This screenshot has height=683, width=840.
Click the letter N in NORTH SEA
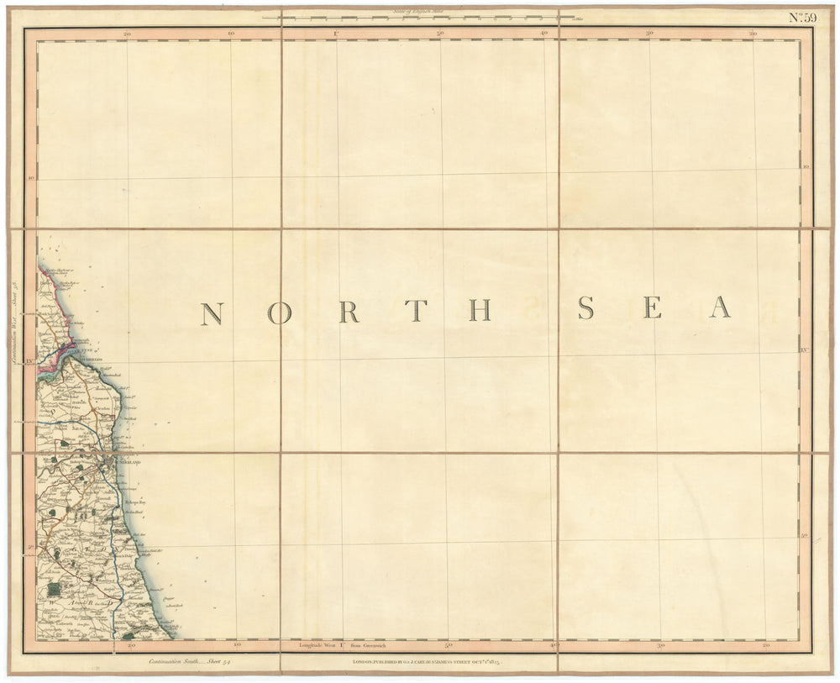(x=211, y=313)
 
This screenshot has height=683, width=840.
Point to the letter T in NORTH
(x=414, y=312)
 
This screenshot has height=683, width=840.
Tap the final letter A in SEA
(x=720, y=308)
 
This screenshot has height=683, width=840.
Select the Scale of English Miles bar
(x=418, y=15)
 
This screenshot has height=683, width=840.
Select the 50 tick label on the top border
(x=441, y=34)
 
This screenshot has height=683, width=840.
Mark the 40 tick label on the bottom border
(x=554, y=645)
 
